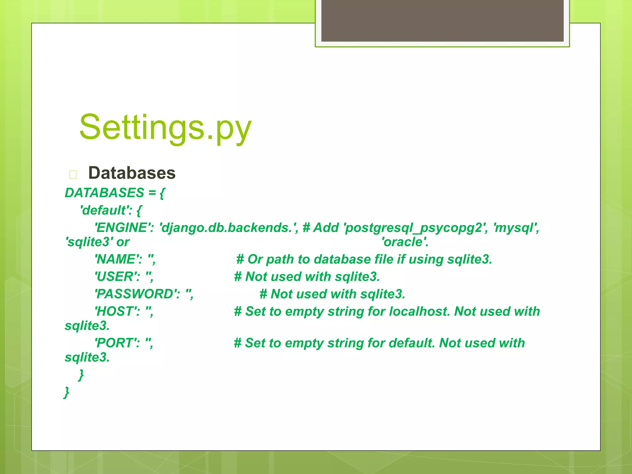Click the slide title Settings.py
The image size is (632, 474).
tap(165, 127)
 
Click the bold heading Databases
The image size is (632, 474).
tap(132, 173)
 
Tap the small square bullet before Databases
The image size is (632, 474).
tap(73, 175)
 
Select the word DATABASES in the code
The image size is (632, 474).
tap(104, 193)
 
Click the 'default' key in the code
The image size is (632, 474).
tap(105, 210)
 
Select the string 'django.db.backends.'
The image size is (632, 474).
tap(227, 228)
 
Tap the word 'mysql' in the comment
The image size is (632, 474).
tap(515, 228)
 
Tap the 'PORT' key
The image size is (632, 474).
tap(115, 343)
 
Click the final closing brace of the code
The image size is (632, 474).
tap(66, 392)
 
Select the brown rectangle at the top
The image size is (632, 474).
tap(442, 20)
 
